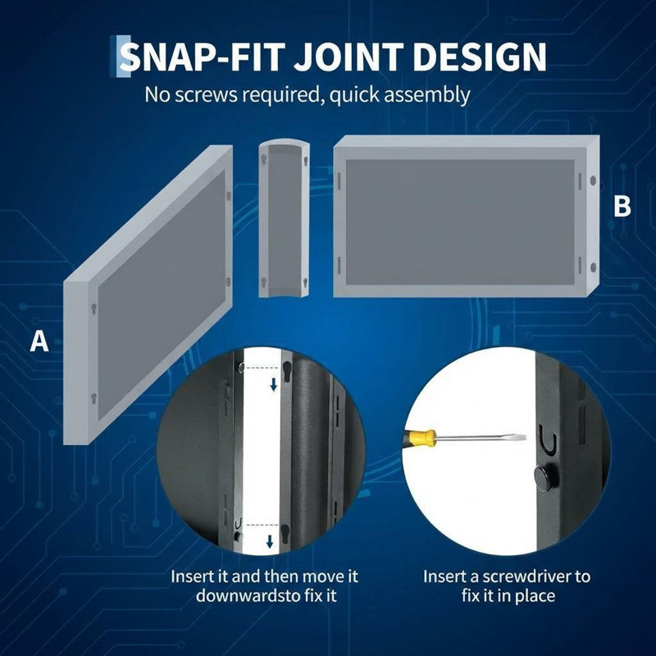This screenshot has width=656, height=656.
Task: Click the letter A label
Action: pos(39,341)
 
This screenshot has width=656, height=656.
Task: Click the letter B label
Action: pos(622,207)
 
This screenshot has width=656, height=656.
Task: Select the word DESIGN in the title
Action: pos(480,57)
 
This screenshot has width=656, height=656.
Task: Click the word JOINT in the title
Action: pos(349,57)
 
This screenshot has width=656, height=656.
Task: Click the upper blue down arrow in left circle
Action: pos(274,385)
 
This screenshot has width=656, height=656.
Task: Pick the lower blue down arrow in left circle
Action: pos(270,541)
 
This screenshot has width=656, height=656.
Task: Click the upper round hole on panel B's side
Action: pos(593,180)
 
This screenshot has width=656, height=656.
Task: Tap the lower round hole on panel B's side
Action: pos(593,267)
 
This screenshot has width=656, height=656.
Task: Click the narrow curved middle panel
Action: pos(284,220)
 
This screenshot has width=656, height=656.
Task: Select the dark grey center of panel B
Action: pos(460,221)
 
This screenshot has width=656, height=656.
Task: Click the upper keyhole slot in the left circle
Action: pos(287,371)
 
